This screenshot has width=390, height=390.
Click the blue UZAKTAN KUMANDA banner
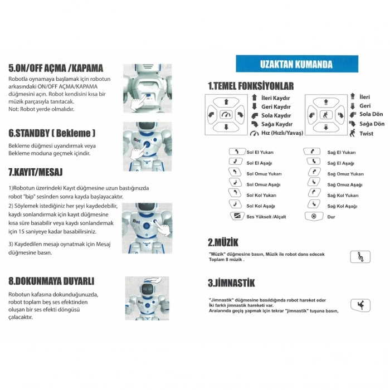[296, 64]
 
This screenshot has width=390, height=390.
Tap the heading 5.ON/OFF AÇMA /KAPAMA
[56, 68]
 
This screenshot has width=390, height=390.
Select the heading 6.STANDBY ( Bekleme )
[52, 134]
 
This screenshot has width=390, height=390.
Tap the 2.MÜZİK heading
[223, 242]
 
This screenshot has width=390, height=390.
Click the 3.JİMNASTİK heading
[232, 282]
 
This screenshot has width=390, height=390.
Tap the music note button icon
[359, 256]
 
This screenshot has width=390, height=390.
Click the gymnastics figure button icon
[359, 305]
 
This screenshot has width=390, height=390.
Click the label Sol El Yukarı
[260, 152]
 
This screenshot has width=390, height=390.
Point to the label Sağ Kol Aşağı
[343, 206]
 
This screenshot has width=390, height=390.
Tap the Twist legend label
[367, 134]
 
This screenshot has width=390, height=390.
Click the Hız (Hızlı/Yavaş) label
[281, 133]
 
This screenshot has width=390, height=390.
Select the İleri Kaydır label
[276, 97]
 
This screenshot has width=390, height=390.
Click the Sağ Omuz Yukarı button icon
[314, 173]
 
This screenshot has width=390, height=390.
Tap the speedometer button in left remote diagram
[226, 115]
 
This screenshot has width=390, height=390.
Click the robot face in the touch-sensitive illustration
[146, 290]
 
